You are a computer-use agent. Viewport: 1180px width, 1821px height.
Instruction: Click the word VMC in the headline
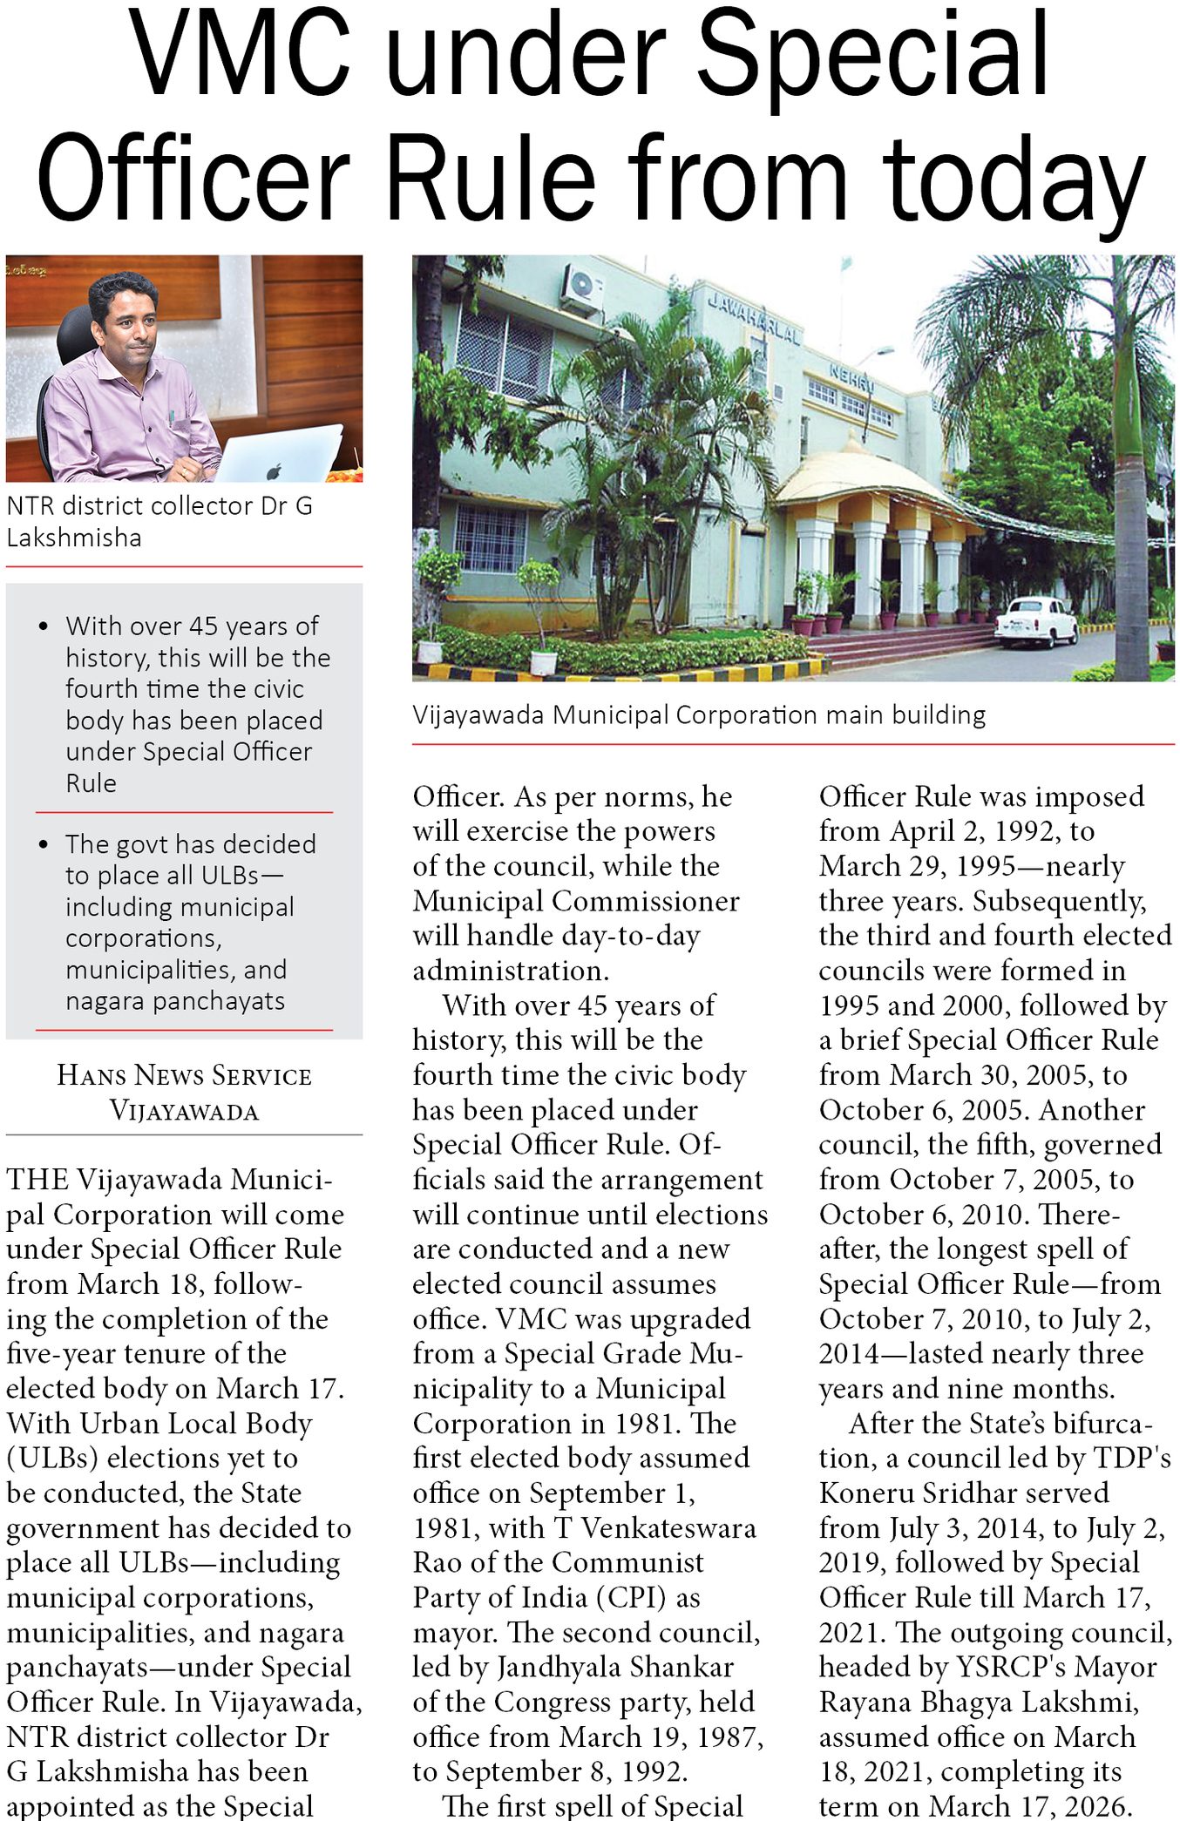coord(241,54)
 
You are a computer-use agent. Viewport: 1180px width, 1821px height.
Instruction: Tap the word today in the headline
coord(1013,179)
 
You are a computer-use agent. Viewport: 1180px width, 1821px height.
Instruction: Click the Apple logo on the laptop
coord(274,471)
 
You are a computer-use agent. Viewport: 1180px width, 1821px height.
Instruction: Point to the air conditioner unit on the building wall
coord(581,288)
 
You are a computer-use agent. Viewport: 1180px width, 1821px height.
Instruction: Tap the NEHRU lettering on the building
coord(851,377)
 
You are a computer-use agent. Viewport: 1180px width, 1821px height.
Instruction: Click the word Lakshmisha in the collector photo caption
coord(74,538)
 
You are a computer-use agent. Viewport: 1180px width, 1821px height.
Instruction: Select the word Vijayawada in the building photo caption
coord(478,715)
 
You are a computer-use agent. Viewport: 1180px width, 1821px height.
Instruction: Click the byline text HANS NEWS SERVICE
coord(184,1076)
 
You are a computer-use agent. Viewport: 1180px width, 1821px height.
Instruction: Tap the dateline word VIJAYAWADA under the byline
coord(184,1111)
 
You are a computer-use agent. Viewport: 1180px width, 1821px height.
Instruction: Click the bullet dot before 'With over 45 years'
coord(44,626)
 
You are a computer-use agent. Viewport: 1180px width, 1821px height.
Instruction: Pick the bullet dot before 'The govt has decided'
coord(44,844)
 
